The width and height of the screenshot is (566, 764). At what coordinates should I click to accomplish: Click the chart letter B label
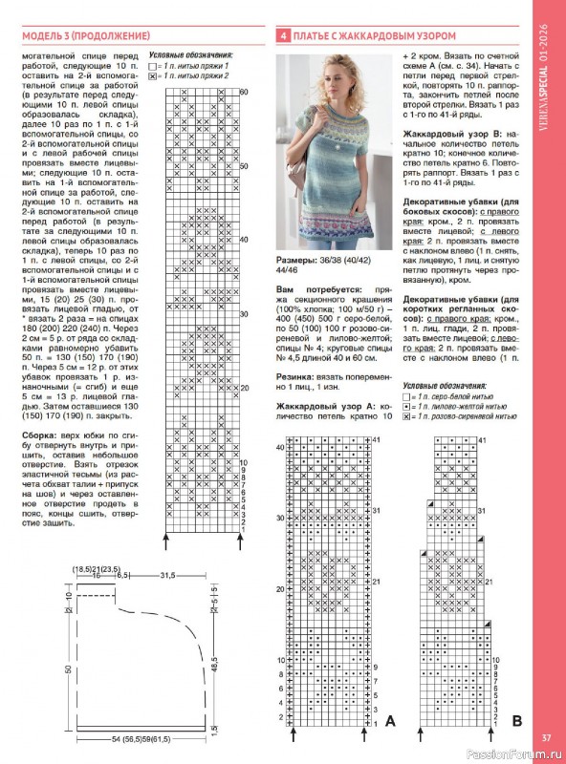(x=516, y=718)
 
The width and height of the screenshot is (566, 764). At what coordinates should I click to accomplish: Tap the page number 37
(x=545, y=736)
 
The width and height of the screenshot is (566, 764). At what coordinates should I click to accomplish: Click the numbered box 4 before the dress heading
(x=283, y=35)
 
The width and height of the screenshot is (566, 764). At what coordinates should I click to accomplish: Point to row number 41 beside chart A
(x=377, y=439)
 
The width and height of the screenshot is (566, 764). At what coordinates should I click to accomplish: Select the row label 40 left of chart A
(x=280, y=446)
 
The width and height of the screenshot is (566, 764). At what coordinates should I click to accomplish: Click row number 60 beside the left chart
(x=243, y=91)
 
